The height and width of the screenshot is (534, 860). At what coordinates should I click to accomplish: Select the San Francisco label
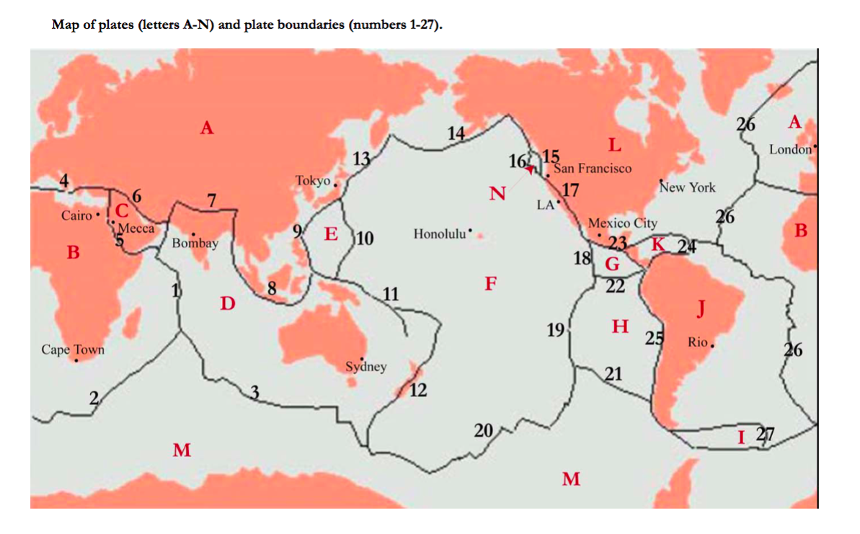click(593, 168)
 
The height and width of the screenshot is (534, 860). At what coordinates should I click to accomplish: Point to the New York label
click(688, 187)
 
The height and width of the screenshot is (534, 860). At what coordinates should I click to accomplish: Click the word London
click(790, 150)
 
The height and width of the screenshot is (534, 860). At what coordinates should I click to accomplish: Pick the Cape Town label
click(73, 350)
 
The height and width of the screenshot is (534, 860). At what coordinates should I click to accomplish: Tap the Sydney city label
click(365, 367)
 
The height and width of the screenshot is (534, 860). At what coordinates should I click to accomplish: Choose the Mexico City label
click(623, 223)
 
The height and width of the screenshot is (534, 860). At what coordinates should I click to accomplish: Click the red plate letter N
click(497, 193)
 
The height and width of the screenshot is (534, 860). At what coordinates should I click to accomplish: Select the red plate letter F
click(490, 283)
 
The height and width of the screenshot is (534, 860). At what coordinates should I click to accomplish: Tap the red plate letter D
click(228, 304)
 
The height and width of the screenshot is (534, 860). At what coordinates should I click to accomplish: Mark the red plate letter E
click(331, 234)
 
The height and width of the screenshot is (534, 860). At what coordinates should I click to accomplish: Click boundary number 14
click(456, 133)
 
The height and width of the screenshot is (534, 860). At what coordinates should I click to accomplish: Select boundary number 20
click(483, 431)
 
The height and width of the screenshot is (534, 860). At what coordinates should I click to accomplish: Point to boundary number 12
click(418, 391)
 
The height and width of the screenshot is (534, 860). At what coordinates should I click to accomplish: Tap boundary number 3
click(254, 392)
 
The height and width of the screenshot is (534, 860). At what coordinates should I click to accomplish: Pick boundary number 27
click(765, 435)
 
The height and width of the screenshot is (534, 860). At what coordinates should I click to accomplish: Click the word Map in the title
click(64, 25)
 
